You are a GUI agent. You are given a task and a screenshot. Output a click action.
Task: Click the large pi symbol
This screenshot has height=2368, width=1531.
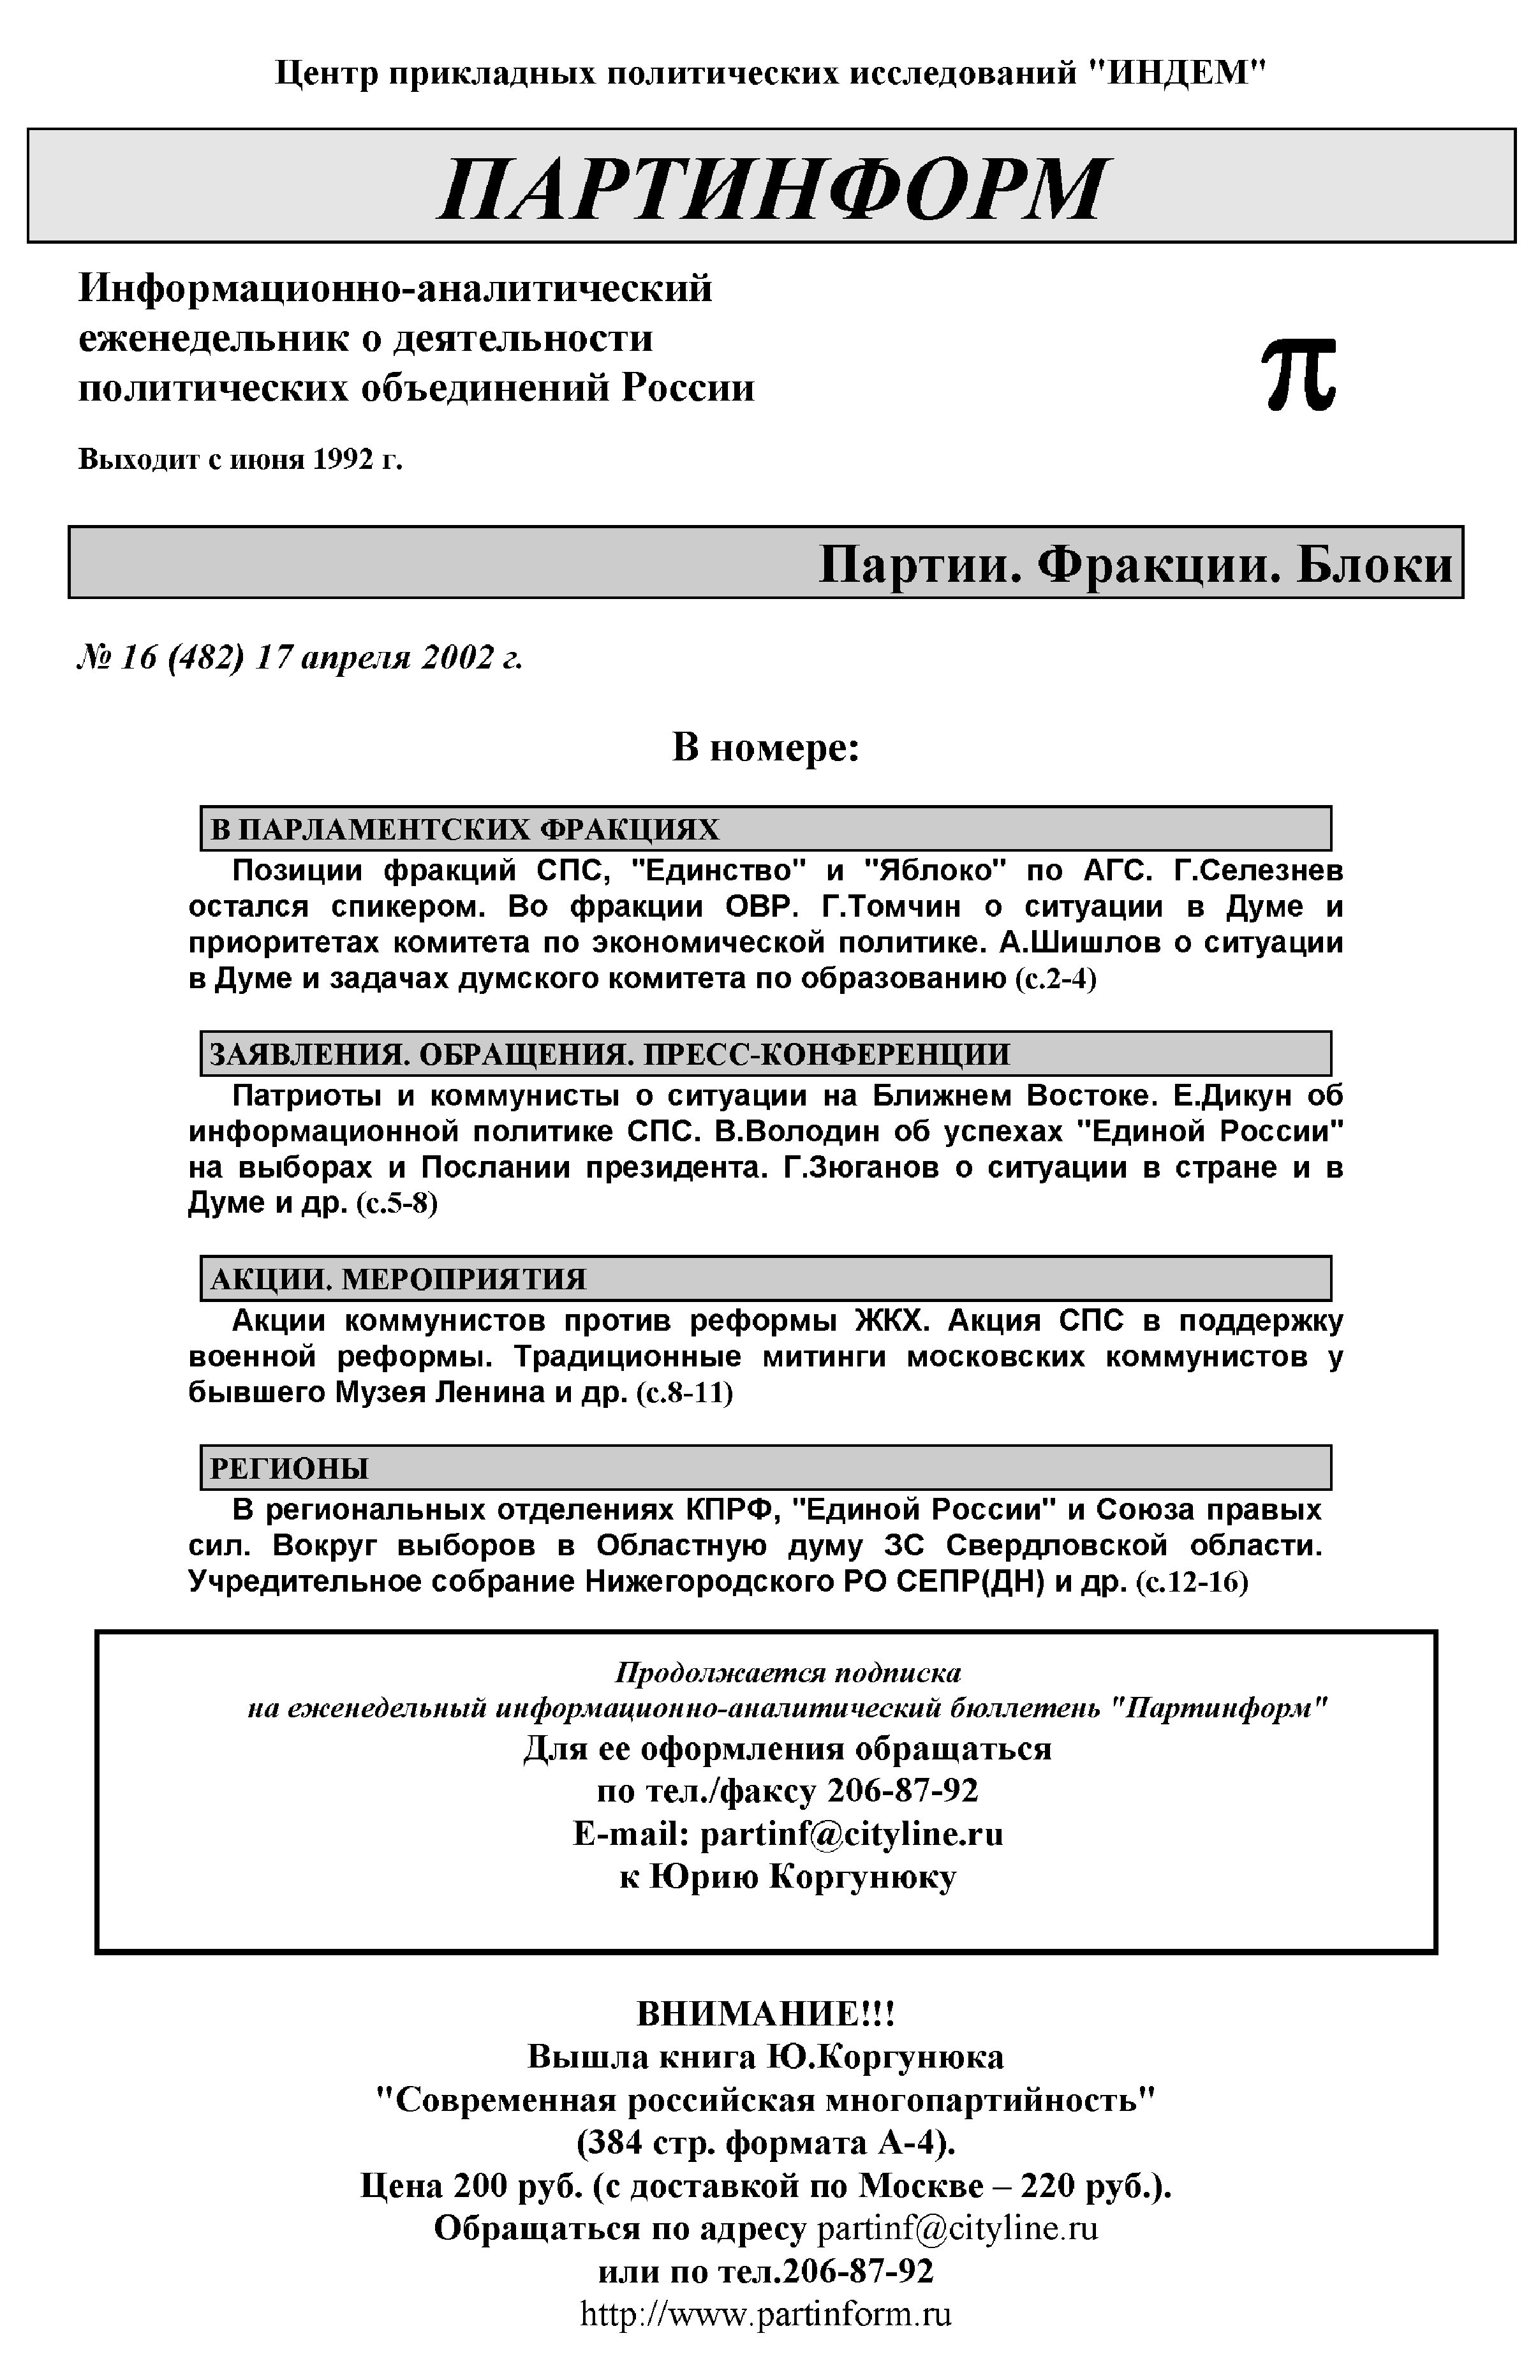point(1298,374)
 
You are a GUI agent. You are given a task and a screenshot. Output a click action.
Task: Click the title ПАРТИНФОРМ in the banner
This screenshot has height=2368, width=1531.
point(771,188)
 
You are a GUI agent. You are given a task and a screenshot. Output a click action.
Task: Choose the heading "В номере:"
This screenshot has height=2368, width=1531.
point(765,748)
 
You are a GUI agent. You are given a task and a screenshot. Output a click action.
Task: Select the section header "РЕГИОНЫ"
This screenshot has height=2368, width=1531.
point(290,1469)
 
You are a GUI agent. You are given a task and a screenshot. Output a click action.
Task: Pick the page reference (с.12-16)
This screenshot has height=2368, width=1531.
point(1191,1581)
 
